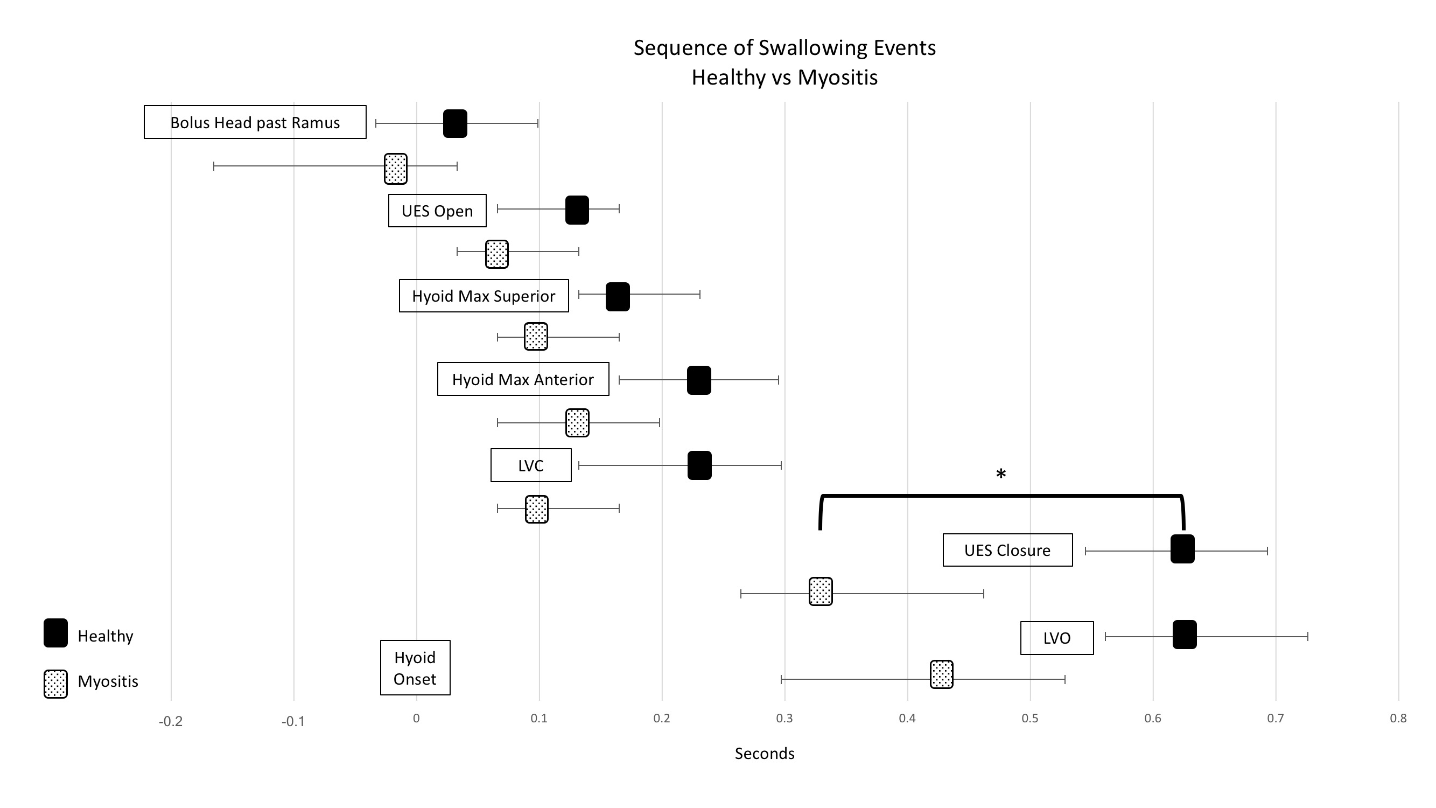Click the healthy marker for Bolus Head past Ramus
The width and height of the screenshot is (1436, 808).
455,124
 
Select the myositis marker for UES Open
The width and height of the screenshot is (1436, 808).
496,254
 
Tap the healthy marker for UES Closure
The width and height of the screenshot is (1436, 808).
1182,549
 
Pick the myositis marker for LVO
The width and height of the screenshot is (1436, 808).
942,675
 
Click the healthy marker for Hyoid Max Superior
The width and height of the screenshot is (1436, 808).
618,297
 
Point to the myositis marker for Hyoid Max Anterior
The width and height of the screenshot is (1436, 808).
577,423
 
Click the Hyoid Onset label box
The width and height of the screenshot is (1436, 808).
415,668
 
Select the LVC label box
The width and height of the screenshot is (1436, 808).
531,465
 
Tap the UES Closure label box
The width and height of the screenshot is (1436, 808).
1007,551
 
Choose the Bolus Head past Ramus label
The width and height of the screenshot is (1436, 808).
255,123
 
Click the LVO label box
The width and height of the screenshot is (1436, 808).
1057,638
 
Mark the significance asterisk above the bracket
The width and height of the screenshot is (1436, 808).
1001,475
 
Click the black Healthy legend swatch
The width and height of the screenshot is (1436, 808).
56,633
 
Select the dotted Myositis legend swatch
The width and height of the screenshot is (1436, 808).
56,684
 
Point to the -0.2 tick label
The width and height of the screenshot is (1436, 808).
171,722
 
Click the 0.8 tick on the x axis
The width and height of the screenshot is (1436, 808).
1398,718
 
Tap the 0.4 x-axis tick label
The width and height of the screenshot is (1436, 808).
907,718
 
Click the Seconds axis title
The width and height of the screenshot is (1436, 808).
764,754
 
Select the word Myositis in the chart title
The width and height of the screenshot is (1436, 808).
837,78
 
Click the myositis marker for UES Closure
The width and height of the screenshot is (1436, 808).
821,591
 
